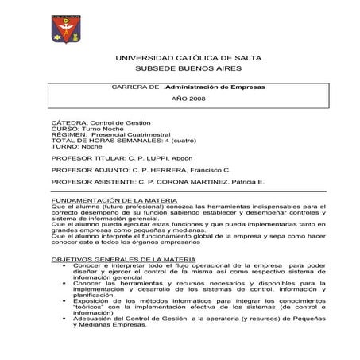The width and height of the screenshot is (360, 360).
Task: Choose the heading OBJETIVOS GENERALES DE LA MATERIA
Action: pos(117,260)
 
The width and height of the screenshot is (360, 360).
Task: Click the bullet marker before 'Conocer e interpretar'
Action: pos(63,267)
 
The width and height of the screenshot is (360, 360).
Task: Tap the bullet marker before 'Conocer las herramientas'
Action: pos(63,285)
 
